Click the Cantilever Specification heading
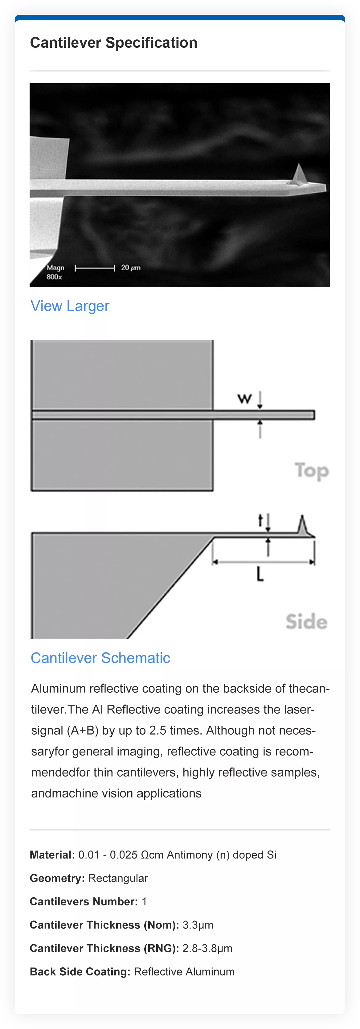pyautogui.click(x=113, y=43)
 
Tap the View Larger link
pyautogui.click(x=70, y=306)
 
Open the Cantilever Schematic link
pyautogui.click(x=100, y=658)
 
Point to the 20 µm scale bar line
pyautogui.click(x=95, y=268)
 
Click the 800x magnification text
pyautogui.click(x=54, y=277)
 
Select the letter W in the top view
pyautogui.click(x=244, y=398)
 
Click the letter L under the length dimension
pyautogui.click(x=260, y=574)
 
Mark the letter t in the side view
pyautogui.click(x=260, y=520)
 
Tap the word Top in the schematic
pyautogui.click(x=312, y=470)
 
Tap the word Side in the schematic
pyautogui.click(x=306, y=621)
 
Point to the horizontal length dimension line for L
pyautogui.click(x=263, y=562)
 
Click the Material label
pyautogui.click(x=52, y=855)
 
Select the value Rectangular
pyautogui.click(x=118, y=878)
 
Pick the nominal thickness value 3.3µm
pyautogui.click(x=198, y=925)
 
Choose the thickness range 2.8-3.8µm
pyautogui.click(x=207, y=948)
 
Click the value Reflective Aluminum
pyautogui.click(x=184, y=971)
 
